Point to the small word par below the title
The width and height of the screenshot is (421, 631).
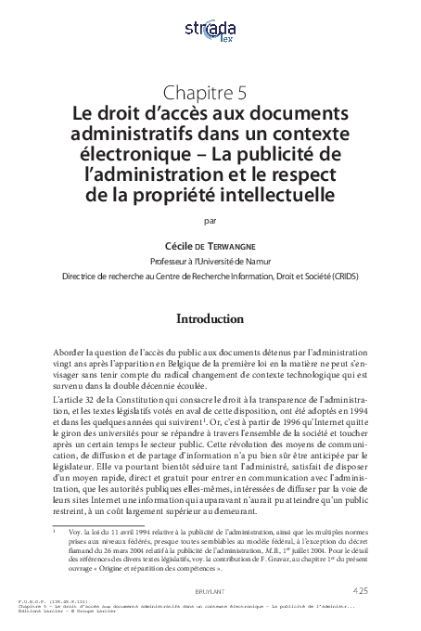pos(209,220)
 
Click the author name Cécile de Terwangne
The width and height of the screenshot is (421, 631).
pos(210,237)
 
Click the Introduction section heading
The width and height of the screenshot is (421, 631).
pos(210,321)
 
